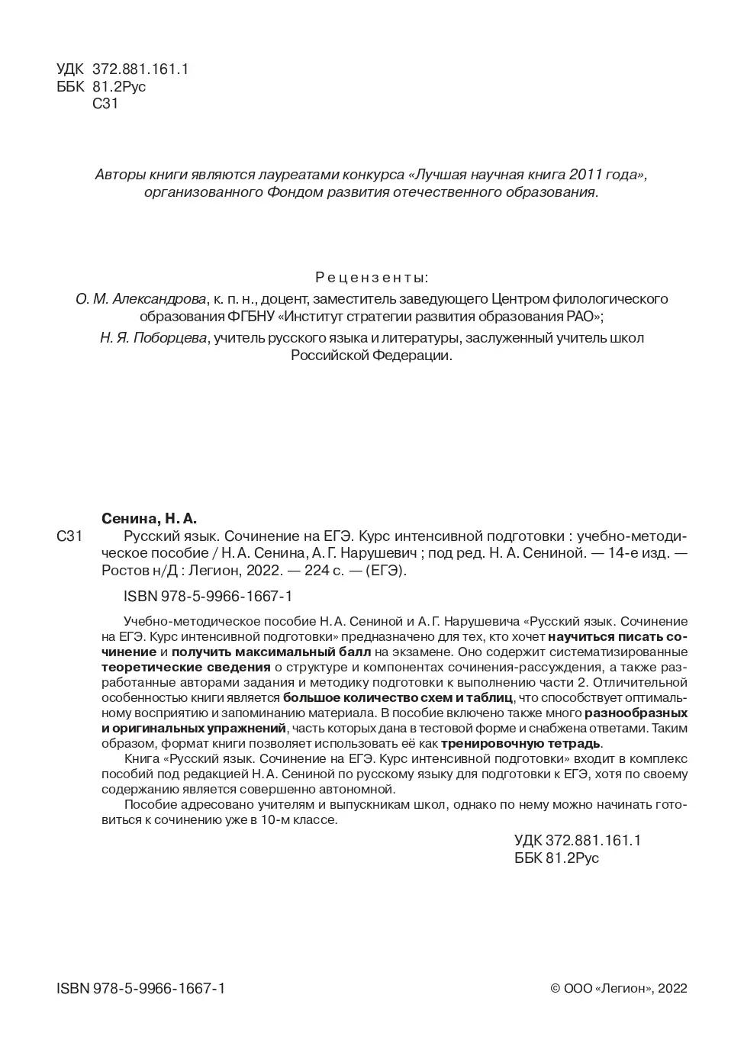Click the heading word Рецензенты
point(372,276)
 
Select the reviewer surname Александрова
point(159,298)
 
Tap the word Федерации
point(413,356)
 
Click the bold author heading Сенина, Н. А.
point(149,519)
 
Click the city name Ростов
point(123,571)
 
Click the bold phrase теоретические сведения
point(186,668)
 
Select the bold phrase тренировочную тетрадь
point(521,743)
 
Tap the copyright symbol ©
point(556,989)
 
